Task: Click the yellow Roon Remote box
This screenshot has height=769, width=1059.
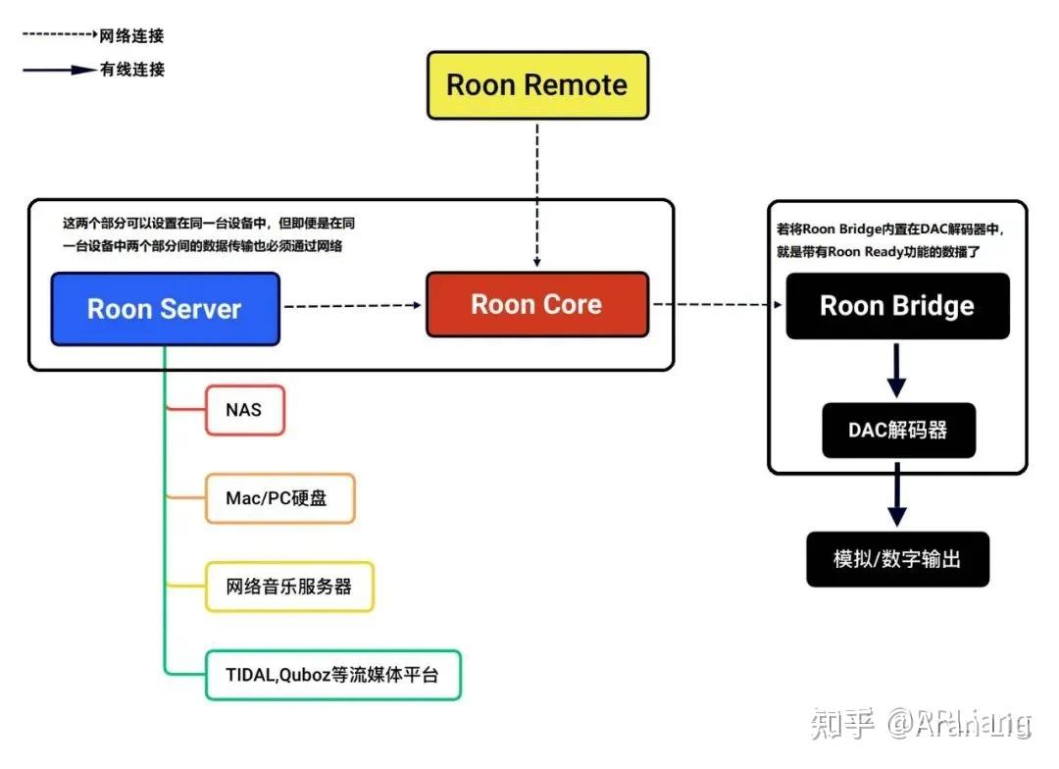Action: (x=537, y=85)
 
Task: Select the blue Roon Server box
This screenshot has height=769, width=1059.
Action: (x=165, y=309)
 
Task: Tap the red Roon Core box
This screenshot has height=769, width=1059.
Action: (x=536, y=304)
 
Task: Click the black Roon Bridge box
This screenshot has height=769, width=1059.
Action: (x=896, y=306)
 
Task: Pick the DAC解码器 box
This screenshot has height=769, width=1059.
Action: (x=898, y=430)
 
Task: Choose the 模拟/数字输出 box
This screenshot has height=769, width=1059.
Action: (x=896, y=559)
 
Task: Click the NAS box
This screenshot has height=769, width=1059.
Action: (x=244, y=409)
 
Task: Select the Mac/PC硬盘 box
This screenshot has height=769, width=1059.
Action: (x=278, y=498)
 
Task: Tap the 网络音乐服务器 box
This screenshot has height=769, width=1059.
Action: (x=288, y=587)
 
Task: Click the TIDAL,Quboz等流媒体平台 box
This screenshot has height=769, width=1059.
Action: (x=332, y=675)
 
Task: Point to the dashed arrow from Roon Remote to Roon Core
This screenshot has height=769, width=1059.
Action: (x=536, y=196)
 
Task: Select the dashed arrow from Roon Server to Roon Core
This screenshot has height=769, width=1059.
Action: (x=352, y=306)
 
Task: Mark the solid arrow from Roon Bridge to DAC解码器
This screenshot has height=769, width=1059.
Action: (x=896, y=371)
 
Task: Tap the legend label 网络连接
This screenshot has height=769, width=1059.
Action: (x=131, y=36)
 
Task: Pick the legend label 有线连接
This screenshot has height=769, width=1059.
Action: (x=131, y=70)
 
